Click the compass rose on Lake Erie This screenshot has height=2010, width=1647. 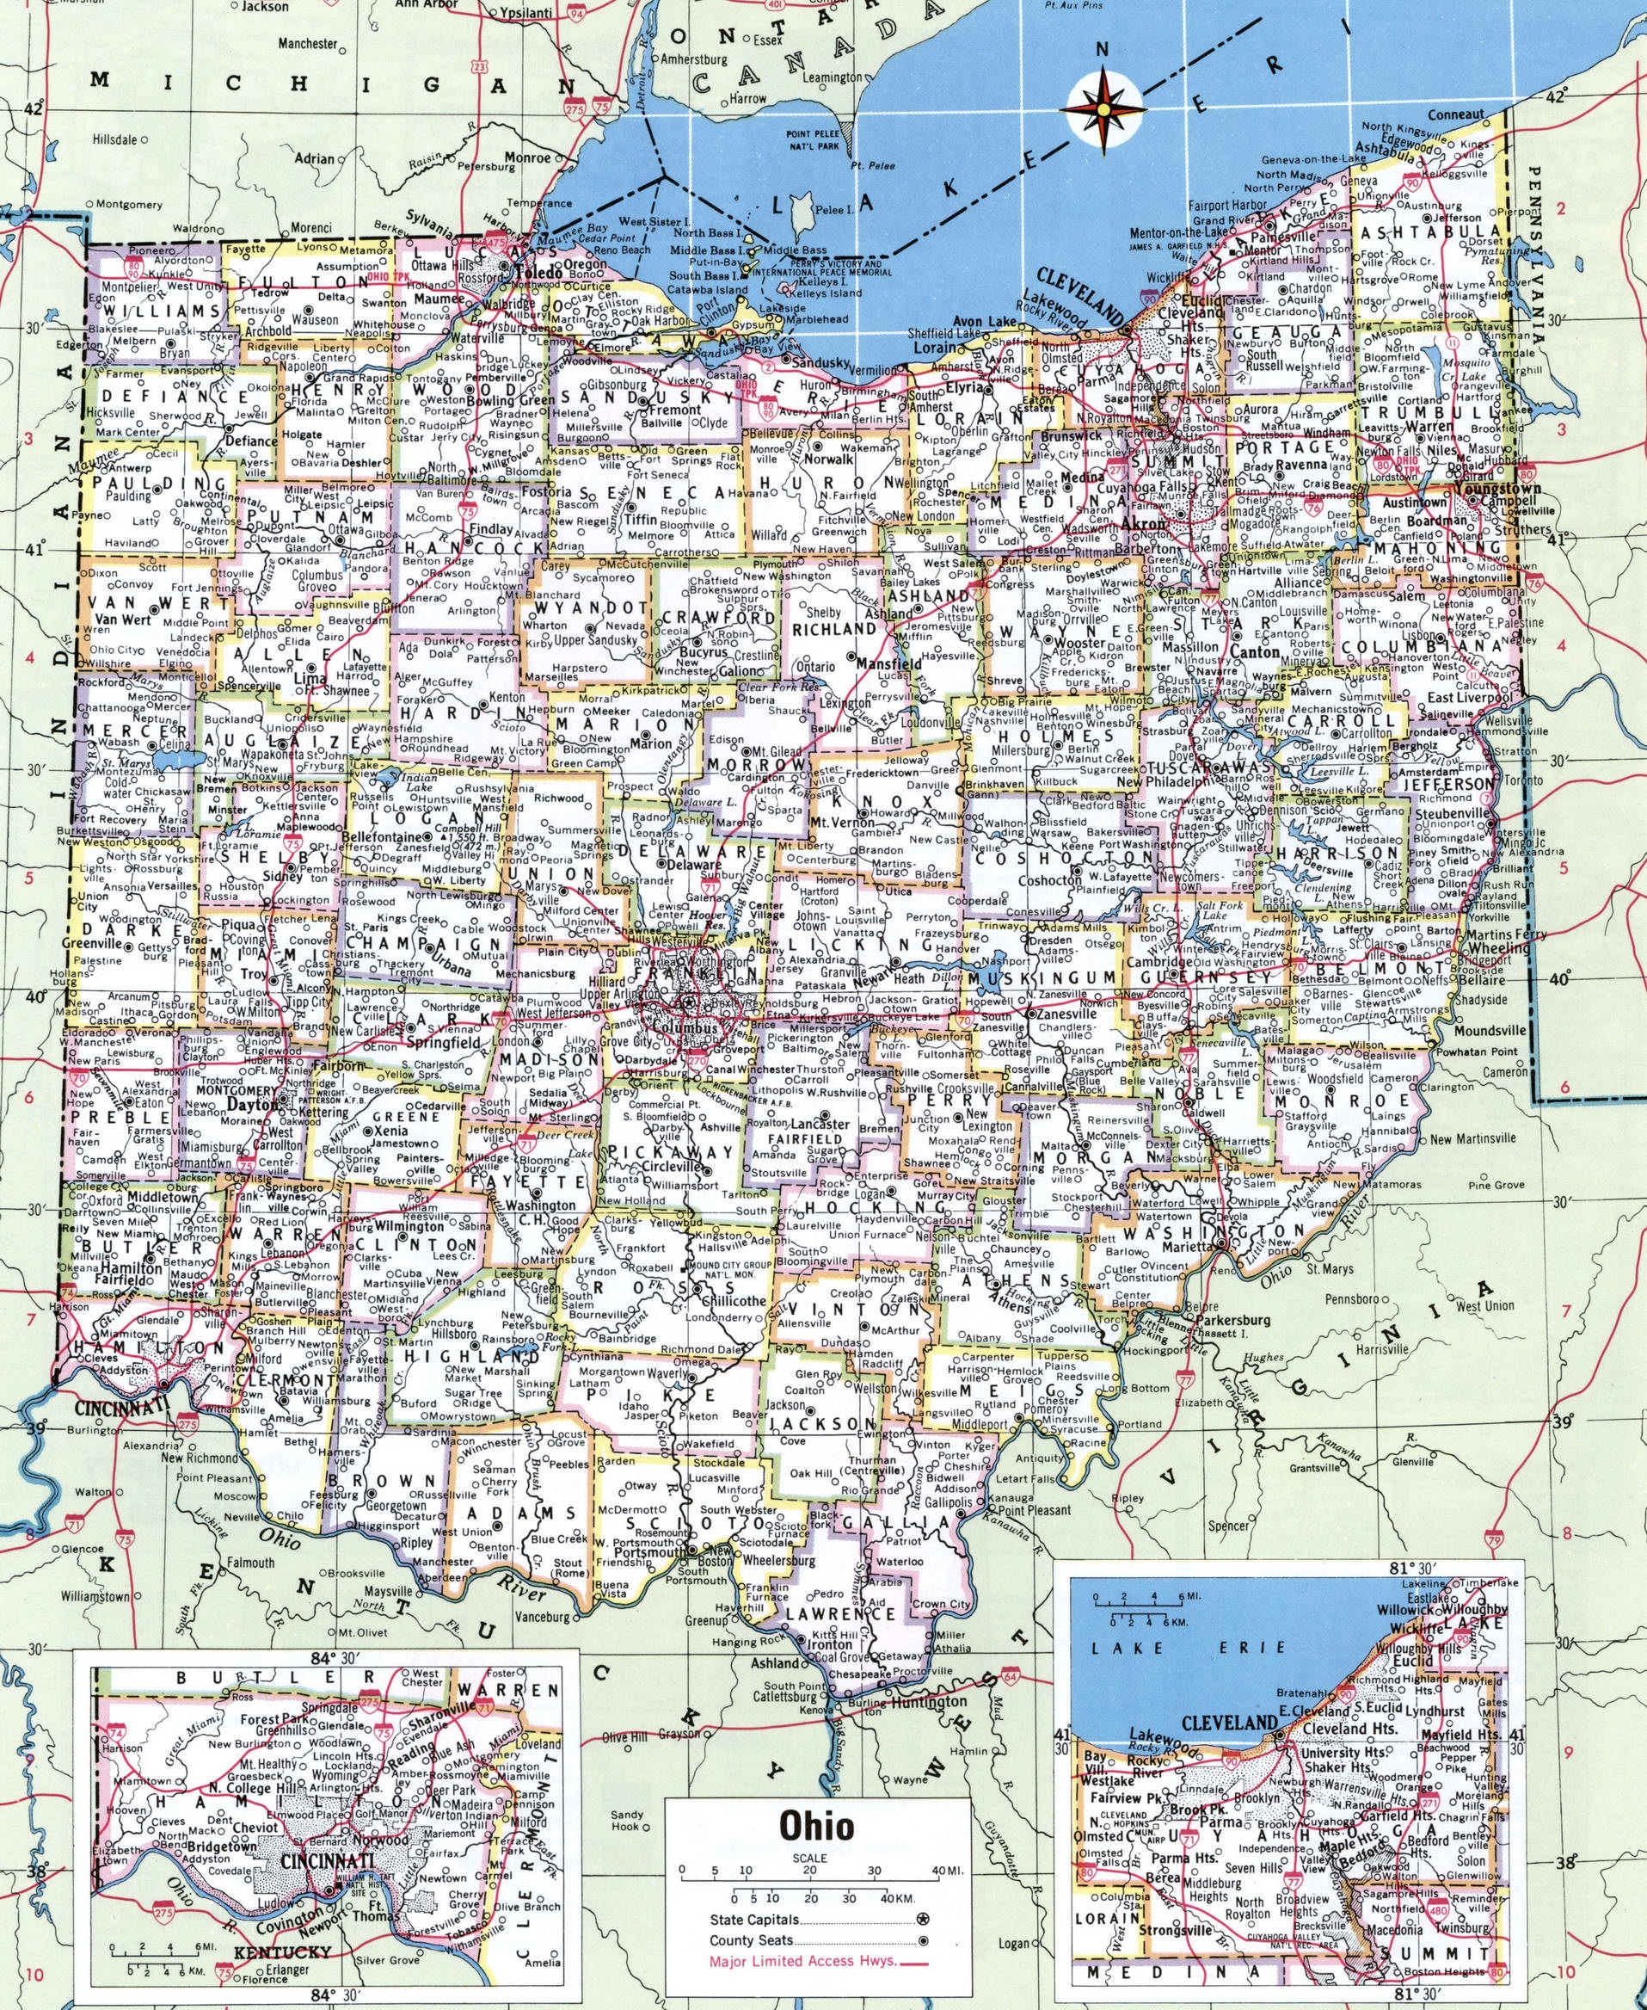coord(1103,109)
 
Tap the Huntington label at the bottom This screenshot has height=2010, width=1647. coord(926,1729)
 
